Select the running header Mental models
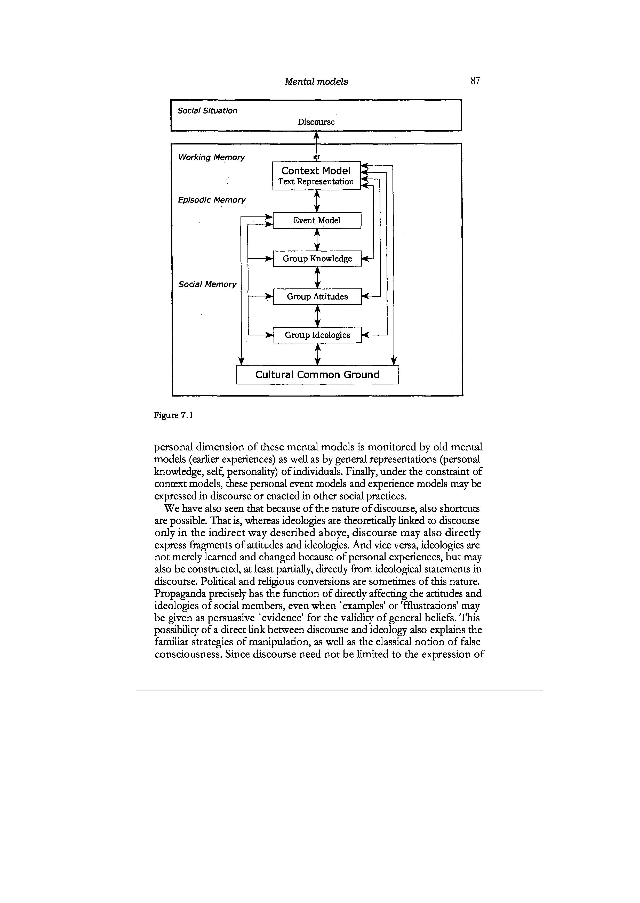coord(316,82)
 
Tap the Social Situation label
coord(207,111)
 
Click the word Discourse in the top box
coord(316,122)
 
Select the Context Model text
coord(316,171)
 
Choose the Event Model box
coord(317,220)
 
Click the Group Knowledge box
coord(317,259)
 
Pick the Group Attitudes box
coord(317,297)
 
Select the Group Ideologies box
coord(317,335)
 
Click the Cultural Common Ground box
coord(317,374)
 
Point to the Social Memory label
coord(207,284)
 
